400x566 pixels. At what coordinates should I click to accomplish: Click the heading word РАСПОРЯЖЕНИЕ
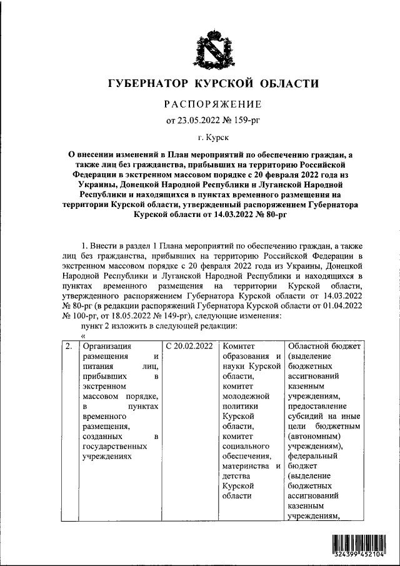[213, 104]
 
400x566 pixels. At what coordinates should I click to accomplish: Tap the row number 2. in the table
[68, 346]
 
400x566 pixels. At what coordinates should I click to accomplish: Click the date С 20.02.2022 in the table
[189, 346]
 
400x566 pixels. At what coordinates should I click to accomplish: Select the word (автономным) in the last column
[314, 435]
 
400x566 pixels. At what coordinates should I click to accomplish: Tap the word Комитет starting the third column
[239, 346]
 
